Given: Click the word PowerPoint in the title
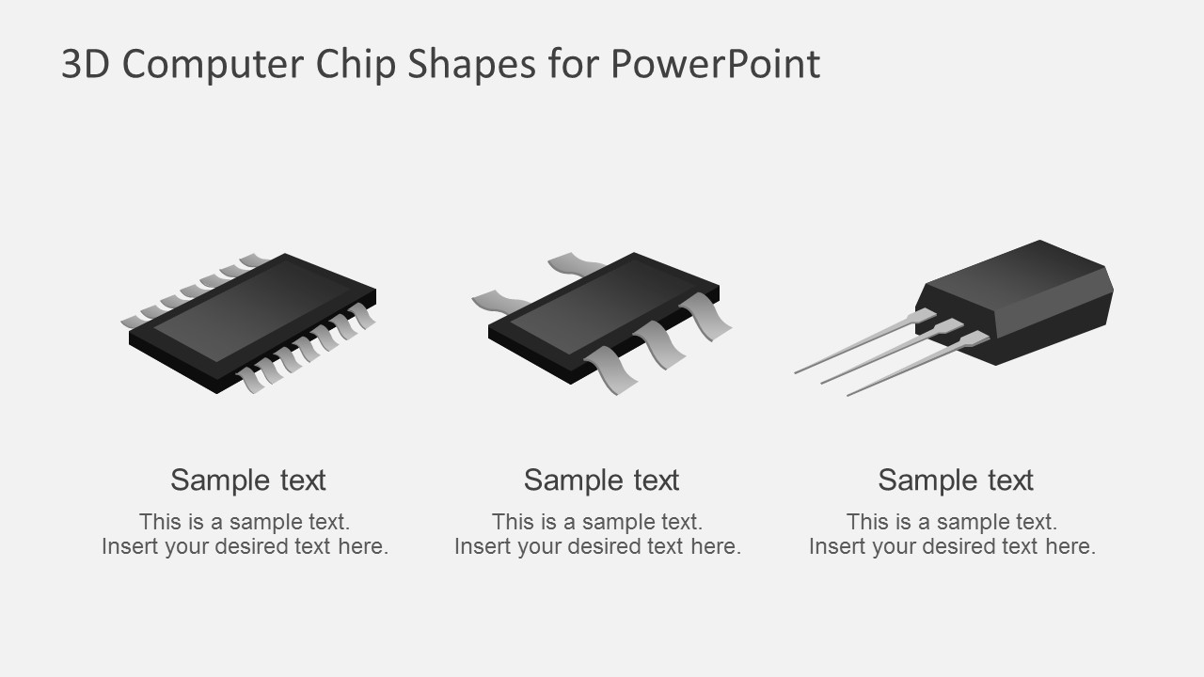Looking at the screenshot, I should click(715, 65).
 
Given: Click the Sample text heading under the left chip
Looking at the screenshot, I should click(248, 480).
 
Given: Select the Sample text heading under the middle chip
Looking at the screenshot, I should click(602, 480).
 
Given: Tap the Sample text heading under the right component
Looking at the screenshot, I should click(956, 480).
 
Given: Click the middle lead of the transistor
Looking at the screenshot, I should click(884, 355).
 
